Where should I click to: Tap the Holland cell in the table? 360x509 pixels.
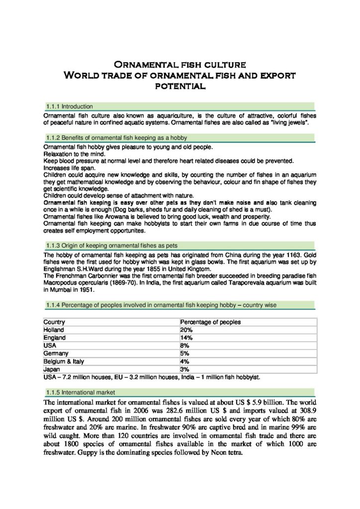tap(54, 330)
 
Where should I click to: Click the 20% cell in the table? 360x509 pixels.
tap(186, 330)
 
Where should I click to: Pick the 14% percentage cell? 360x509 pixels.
tap(186, 338)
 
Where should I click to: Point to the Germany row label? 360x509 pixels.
tap(56, 353)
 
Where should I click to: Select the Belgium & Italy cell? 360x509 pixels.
tap(62, 361)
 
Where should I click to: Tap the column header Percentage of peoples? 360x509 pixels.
tap(210, 322)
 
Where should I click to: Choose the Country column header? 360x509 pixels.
tap(54, 322)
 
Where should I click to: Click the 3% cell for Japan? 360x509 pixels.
tap(185, 369)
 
